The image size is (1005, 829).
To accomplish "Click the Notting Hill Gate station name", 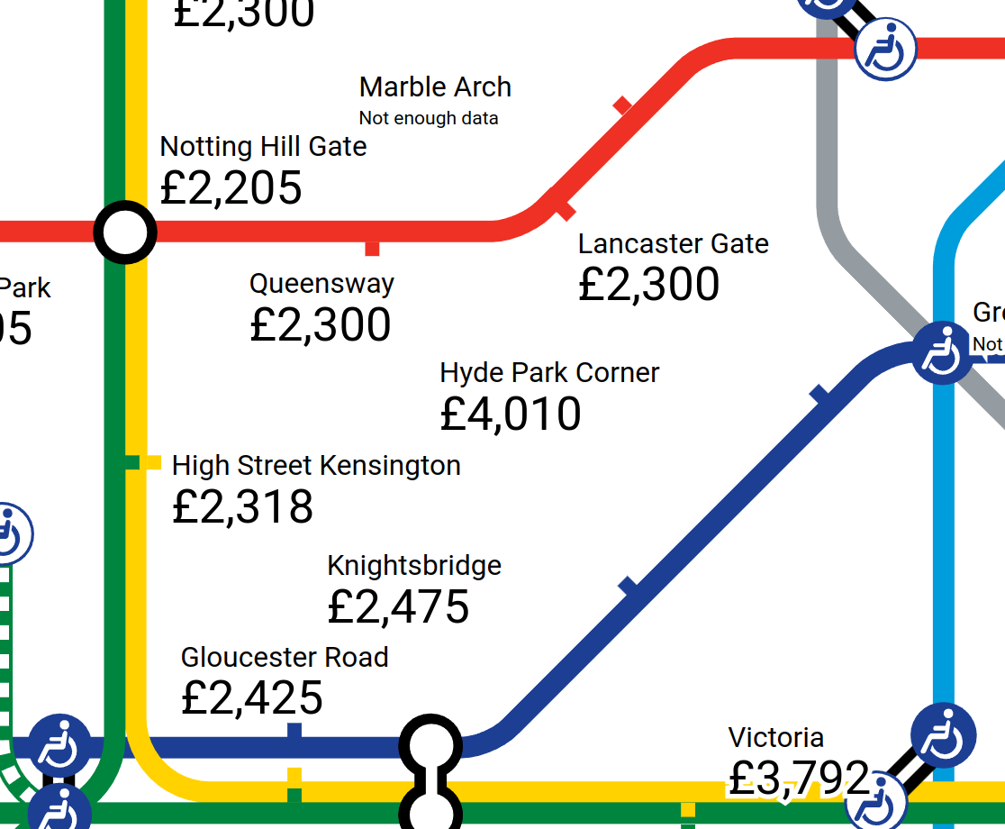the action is click(263, 146).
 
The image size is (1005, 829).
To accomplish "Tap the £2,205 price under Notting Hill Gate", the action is click(231, 187).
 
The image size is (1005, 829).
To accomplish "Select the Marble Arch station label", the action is click(435, 87).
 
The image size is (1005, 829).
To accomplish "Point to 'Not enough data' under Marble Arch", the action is click(428, 118).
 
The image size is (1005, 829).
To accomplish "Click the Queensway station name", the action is click(321, 284).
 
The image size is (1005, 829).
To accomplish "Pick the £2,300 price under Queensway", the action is click(320, 325).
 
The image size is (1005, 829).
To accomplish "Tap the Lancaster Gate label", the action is click(673, 244).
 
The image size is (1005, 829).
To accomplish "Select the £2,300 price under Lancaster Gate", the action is click(648, 285).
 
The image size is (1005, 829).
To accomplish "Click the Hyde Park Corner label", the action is click(549, 373).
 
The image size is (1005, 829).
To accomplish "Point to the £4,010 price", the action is click(511, 414).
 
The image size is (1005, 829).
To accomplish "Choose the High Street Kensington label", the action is click(316, 466).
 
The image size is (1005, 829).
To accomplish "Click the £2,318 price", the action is click(242, 507).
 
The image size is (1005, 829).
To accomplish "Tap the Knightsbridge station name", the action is click(414, 566).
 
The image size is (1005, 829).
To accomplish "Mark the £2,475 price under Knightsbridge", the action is click(398, 607).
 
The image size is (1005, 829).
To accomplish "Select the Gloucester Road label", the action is click(285, 657).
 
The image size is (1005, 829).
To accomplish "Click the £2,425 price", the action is click(251, 698).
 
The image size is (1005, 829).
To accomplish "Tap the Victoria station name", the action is click(775, 738).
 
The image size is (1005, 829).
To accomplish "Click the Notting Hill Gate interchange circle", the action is click(125, 232).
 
